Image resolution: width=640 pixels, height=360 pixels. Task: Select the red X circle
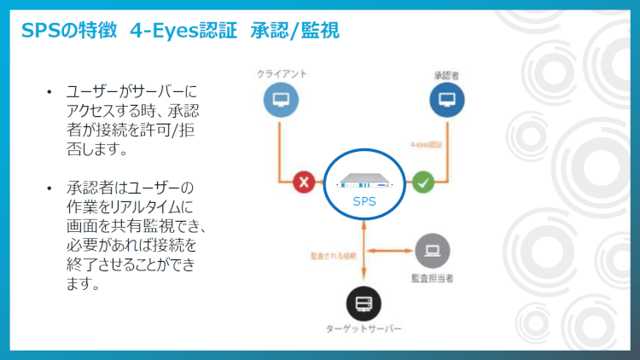click(x=305, y=182)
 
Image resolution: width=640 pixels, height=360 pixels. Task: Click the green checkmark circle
click(x=423, y=182)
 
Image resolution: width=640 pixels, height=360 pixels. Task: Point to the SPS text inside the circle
click(x=364, y=202)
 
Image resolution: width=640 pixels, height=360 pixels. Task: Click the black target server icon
click(x=364, y=303)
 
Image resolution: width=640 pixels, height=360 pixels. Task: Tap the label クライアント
click(x=282, y=74)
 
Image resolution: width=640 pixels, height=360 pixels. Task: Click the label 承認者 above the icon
click(x=447, y=75)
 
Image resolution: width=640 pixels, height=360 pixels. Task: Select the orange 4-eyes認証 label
click(x=426, y=145)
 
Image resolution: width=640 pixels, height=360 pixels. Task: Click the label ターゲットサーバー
click(x=364, y=329)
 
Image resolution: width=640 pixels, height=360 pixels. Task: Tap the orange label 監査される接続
click(x=334, y=254)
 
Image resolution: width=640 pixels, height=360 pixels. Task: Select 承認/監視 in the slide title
click(x=294, y=32)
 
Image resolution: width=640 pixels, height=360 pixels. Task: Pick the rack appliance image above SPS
click(x=364, y=181)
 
